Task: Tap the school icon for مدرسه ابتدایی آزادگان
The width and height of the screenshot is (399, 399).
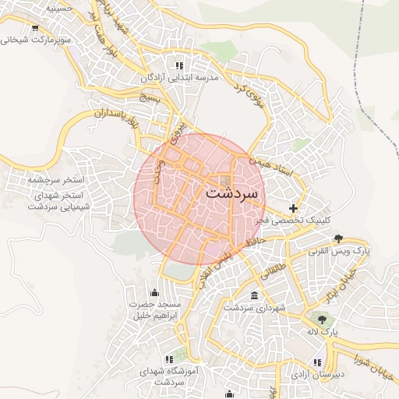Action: coord(179,66)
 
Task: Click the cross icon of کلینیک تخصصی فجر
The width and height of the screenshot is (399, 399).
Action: coord(293,208)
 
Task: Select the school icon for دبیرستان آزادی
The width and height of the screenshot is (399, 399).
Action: coord(317,362)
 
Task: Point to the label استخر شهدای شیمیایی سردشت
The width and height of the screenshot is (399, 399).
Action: coord(60,200)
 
